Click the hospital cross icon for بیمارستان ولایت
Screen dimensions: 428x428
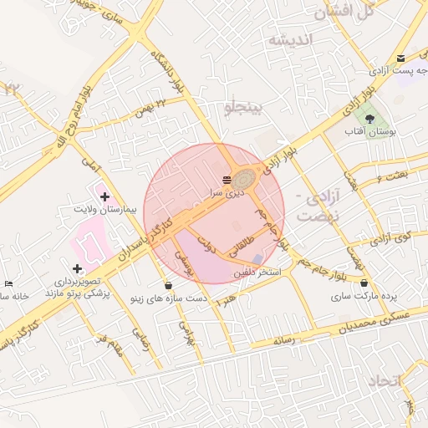point(104,196)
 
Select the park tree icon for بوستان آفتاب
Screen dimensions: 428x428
point(370,119)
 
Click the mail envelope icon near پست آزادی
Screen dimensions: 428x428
point(402,58)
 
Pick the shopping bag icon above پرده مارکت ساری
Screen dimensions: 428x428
point(362,283)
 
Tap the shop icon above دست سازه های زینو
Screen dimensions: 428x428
point(169,285)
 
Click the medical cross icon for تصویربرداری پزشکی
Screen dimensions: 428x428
point(78,268)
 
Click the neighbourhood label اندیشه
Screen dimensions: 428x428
point(289,40)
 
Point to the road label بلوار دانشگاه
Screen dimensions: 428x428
point(167,73)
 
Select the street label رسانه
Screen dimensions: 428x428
point(282,340)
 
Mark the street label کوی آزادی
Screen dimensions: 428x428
point(391,238)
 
